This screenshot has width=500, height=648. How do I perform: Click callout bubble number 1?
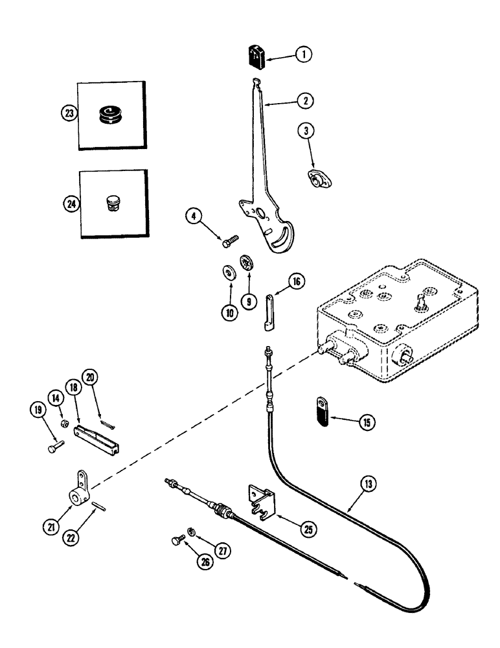(x=300, y=55)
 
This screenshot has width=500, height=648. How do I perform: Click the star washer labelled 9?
(x=245, y=264)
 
